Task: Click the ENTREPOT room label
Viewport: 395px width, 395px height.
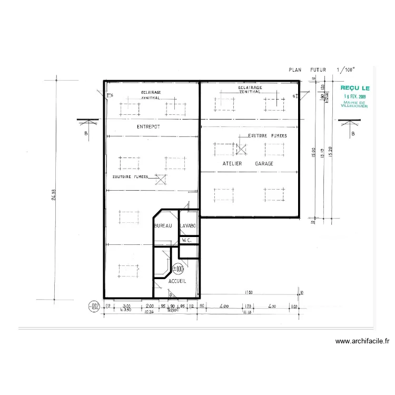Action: pos(148,127)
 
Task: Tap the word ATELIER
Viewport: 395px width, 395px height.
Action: pos(232,164)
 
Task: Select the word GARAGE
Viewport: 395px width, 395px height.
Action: pos(264,164)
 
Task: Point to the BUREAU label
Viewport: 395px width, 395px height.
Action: pos(163,226)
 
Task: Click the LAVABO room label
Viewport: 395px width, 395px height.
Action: pos(188,226)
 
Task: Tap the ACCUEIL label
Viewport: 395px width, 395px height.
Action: pos(177,282)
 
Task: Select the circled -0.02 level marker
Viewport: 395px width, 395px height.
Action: pos(94,306)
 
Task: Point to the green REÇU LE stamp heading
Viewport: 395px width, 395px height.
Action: pos(355,88)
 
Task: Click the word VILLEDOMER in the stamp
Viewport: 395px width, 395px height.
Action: pos(355,106)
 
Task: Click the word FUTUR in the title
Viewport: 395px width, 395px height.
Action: pos(318,69)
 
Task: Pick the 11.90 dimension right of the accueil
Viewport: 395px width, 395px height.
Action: pos(249,292)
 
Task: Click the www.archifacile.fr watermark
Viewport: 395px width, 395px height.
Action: pos(363,342)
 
